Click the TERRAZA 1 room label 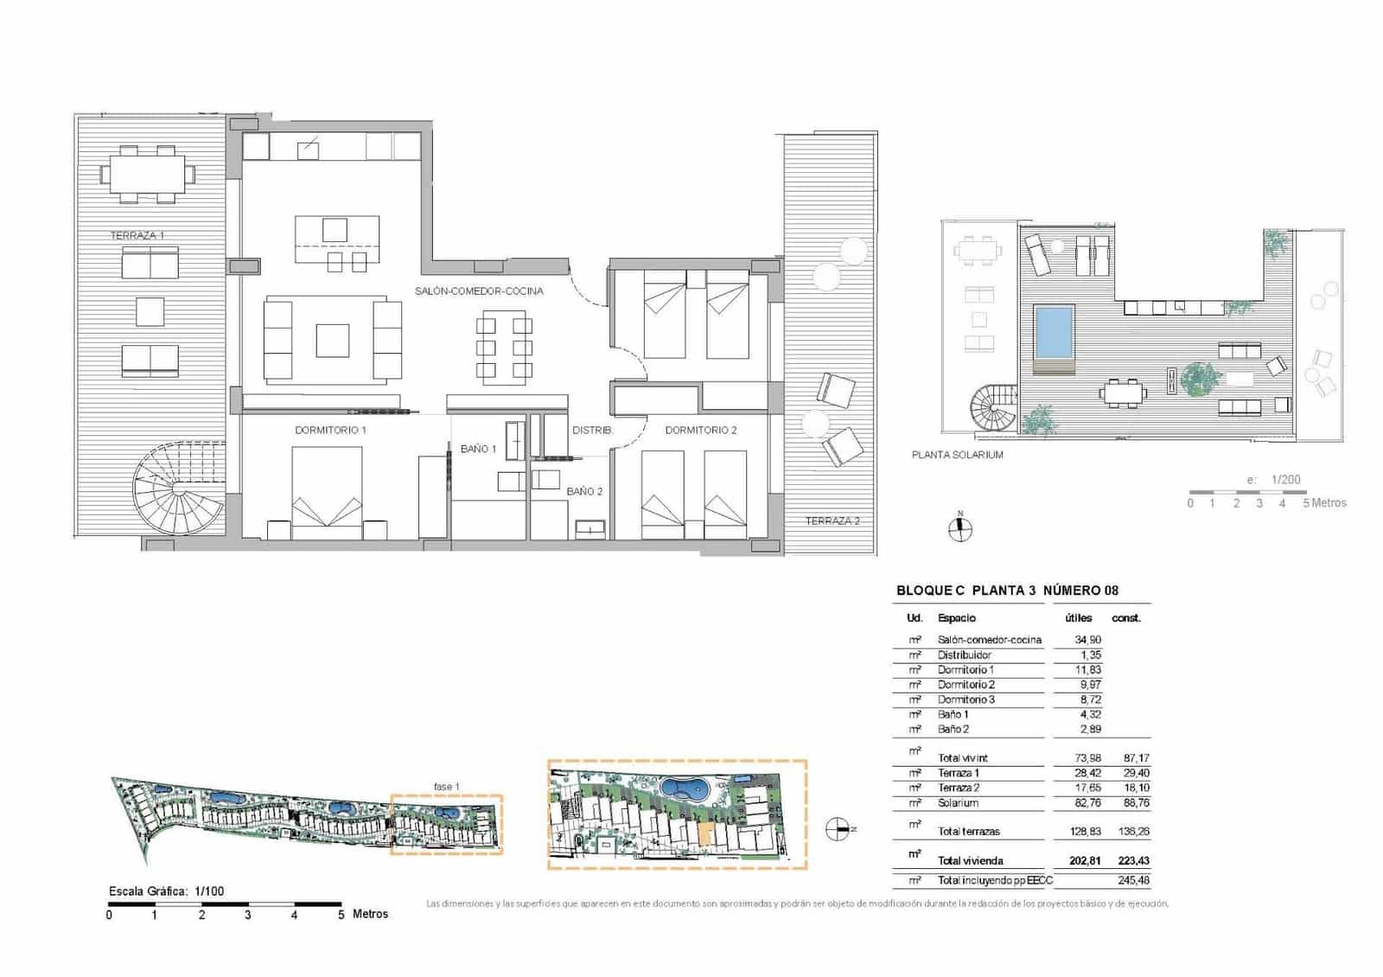(x=137, y=235)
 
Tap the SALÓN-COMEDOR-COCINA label (x=479, y=291)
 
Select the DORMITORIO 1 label (x=330, y=430)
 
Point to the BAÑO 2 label (x=584, y=491)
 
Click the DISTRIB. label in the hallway (x=592, y=430)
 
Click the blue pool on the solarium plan (x=1055, y=333)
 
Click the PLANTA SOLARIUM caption (x=958, y=455)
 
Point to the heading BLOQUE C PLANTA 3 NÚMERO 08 (x=1007, y=591)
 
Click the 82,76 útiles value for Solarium (x=1087, y=802)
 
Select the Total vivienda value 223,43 (x=1131, y=860)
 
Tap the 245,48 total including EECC (x=1131, y=880)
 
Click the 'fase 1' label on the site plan (x=446, y=787)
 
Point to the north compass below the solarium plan (x=959, y=528)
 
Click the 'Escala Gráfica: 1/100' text (x=166, y=891)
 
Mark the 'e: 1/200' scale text (x=1273, y=480)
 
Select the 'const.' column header (x=1126, y=618)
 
